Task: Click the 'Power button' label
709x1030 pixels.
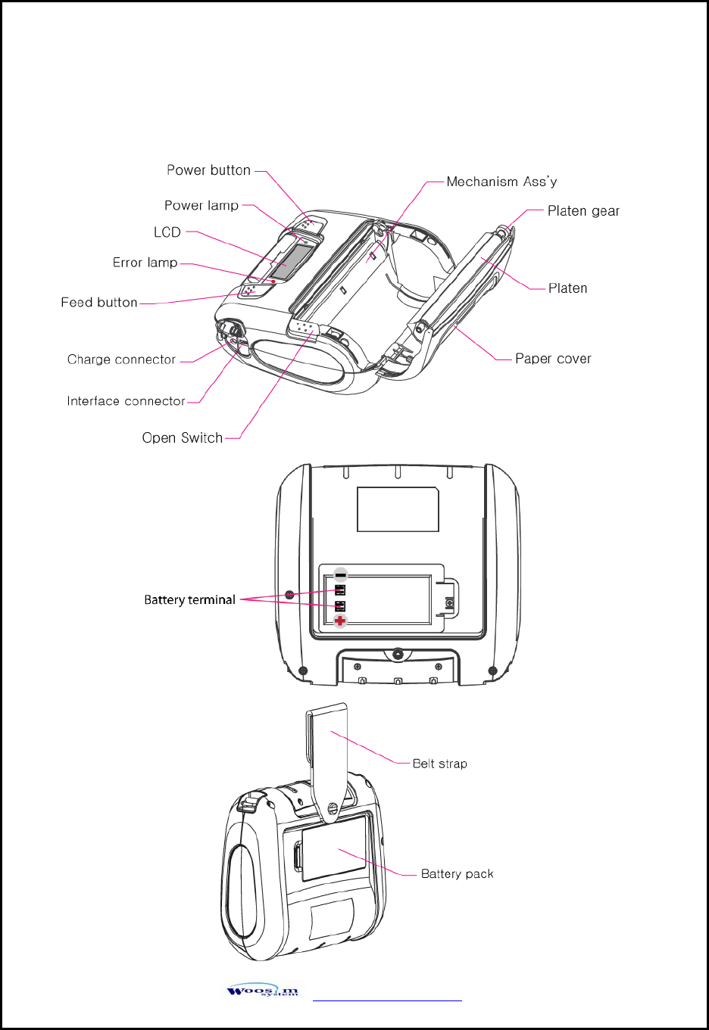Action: coord(208,170)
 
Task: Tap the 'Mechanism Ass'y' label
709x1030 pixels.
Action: coord(501,182)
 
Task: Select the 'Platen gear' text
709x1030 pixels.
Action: coord(583,211)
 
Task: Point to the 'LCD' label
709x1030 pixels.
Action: coord(167,232)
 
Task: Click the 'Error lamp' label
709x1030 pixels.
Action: coord(145,263)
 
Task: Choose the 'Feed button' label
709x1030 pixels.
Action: coord(99,303)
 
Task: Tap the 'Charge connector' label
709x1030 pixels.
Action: coord(121,359)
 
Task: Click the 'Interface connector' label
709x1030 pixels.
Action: coord(126,401)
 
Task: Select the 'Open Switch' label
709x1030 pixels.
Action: coord(183,438)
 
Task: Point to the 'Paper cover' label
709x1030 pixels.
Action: coord(553,359)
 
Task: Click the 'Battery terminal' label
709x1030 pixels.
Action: coord(189,600)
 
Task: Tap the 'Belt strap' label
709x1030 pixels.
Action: coord(439,764)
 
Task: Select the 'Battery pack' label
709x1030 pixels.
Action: coord(457,874)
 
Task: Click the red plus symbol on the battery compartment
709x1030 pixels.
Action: coord(340,621)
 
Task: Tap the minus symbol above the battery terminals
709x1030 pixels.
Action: coord(340,575)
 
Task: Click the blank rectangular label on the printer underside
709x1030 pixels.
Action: coord(398,509)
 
